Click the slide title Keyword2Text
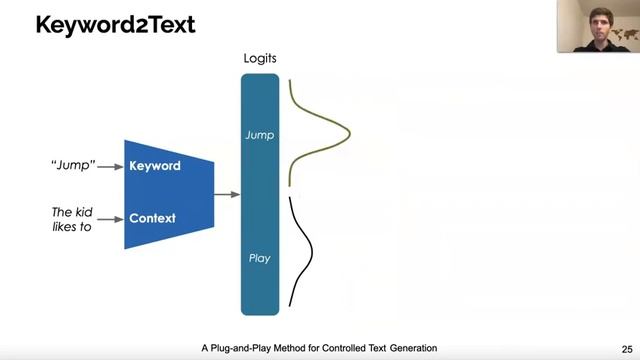pyautogui.click(x=115, y=24)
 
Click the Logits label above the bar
pyautogui.click(x=260, y=58)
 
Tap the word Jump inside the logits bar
pyautogui.click(x=260, y=134)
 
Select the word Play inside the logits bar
pyautogui.click(x=260, y=258)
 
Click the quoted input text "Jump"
pyautogui.click(x=73, y=165)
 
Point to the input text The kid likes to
pyautogui.click(x=71, y=220)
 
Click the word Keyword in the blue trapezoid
pyautogui.click(x=155, y=165)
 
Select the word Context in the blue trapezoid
pyautogui.click(x=152, y=218)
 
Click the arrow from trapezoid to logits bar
pyautogui.click(x=227, y=194)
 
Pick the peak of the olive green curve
pyautogui.click(x=349, y=132)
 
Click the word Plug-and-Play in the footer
pyautogui.click(x=246, y=348)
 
